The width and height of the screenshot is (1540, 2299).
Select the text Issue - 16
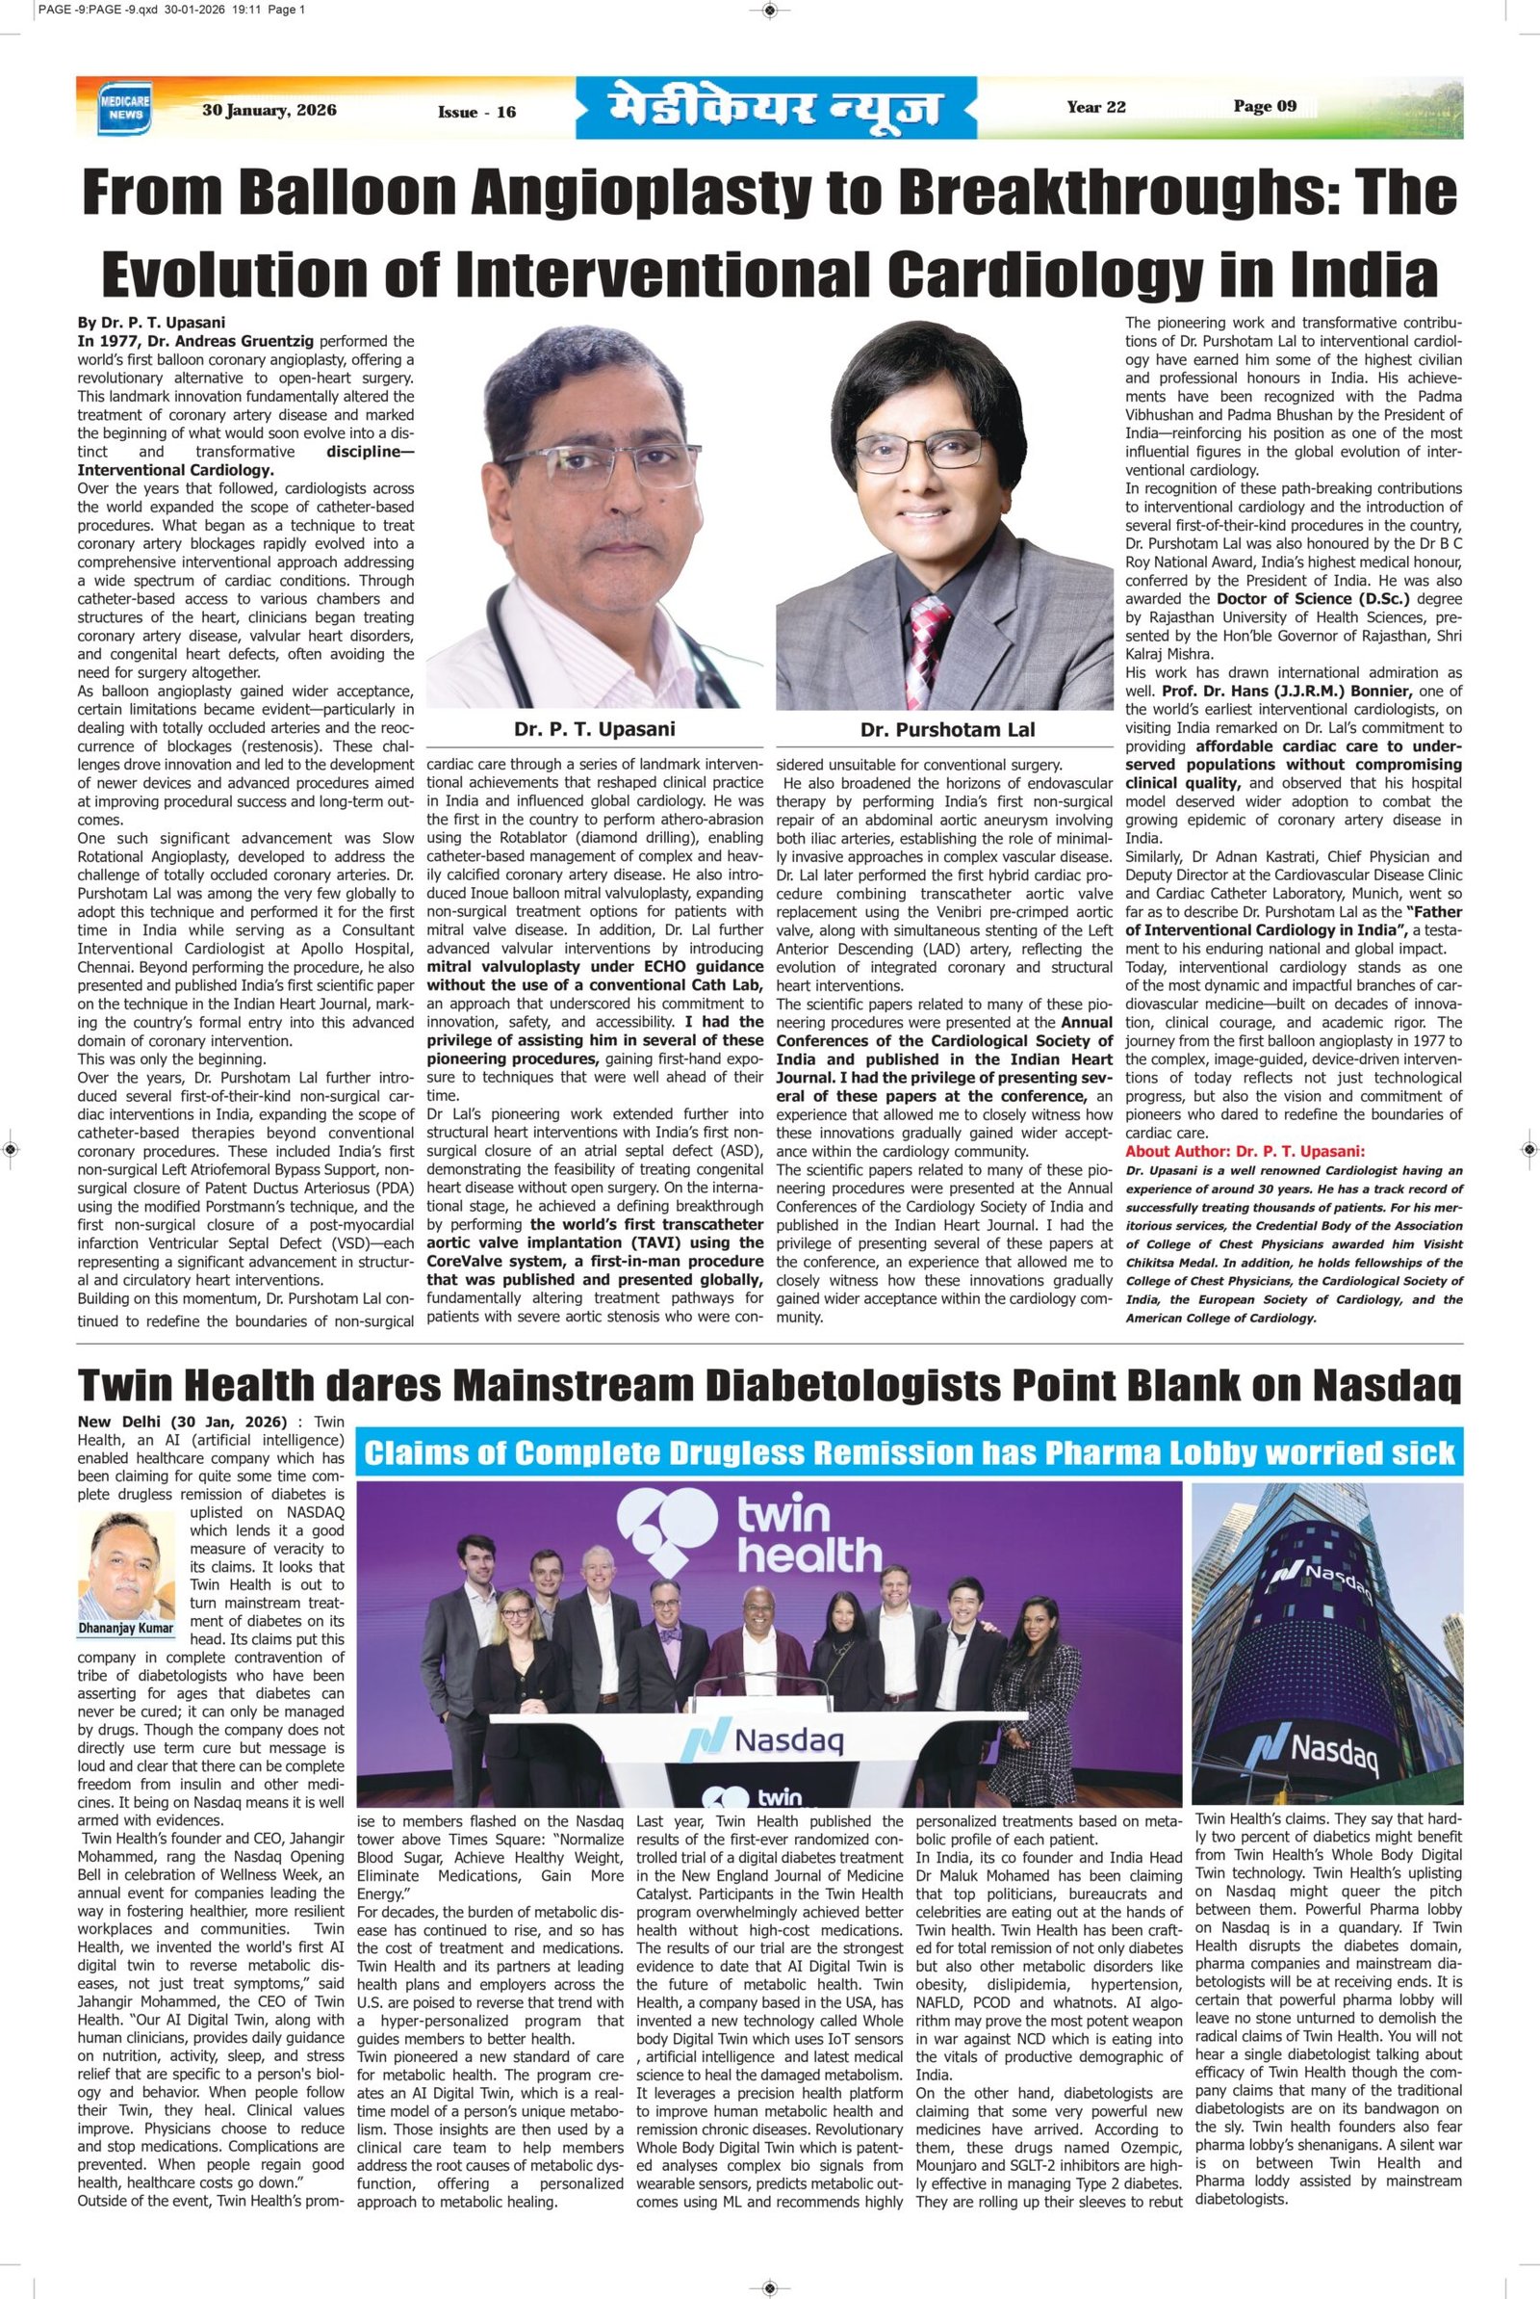(476, 113)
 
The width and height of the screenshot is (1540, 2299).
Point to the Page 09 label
(1265, 107)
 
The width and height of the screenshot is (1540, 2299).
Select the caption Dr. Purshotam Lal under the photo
(948, 729)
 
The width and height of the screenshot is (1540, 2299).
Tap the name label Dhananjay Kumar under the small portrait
(125, 1628)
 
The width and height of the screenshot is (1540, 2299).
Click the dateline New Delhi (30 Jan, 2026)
(183, 1423)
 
